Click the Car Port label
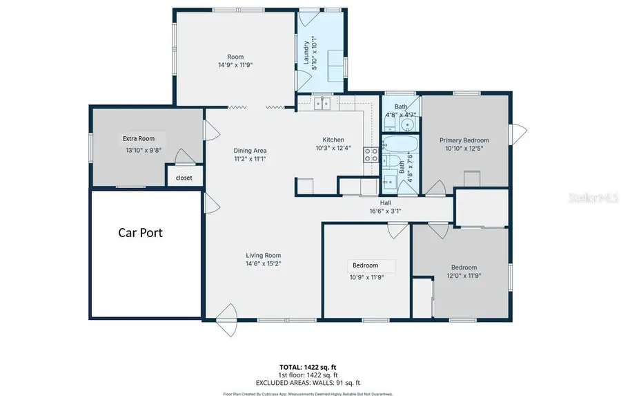point(140,232)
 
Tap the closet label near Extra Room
point(184,178)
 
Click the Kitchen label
point(333,140)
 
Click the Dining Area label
point(250,151)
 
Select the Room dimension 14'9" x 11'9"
point(235,66)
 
